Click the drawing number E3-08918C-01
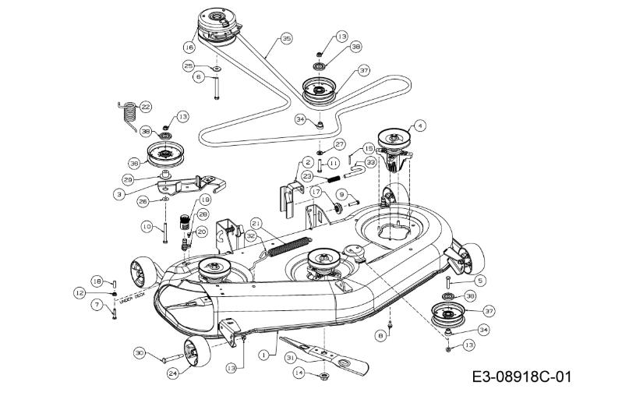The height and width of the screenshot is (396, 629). click(x=522, y=377)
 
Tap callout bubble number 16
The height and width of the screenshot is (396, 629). click(x=189, y=48)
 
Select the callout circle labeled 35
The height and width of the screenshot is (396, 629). click(x=286, y=37)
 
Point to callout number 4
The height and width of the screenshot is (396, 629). click(x=420, y=124)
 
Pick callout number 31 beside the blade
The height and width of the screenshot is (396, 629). click(x=290, y=357)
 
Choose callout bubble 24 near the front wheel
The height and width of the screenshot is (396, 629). click(x=173, y=373)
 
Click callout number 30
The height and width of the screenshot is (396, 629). click(x=140, y=353)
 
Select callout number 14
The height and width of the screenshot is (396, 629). click(x=299, y=373)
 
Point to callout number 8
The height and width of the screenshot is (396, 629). click(x=380, y=335)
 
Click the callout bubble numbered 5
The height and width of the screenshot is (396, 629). click(x=479, y=279)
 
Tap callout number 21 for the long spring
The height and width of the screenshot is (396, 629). click(x=256, y=224)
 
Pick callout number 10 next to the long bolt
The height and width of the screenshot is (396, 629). click(x=146, y=226)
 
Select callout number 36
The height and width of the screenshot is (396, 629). click(x=134, y=163)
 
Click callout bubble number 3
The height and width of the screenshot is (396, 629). click(x=119, y=193)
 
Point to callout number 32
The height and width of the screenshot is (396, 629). click(x=251, y=233)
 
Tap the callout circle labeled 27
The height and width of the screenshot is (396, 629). click(x=339, y=144)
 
